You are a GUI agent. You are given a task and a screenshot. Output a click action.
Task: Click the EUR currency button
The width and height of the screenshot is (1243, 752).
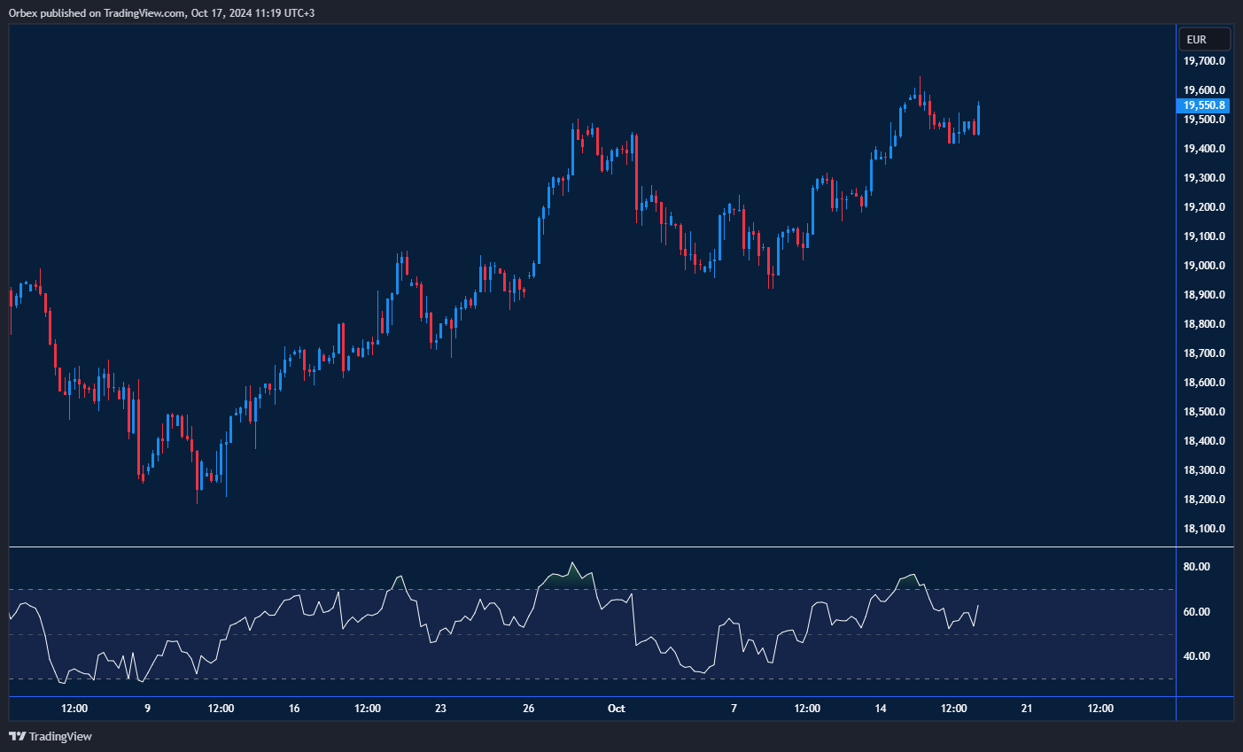point(1204,40)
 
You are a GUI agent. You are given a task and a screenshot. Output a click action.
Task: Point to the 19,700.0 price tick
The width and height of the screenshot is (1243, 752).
point(1204,61)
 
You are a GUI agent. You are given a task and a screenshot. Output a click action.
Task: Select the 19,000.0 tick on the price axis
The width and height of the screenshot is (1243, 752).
point(1204,266)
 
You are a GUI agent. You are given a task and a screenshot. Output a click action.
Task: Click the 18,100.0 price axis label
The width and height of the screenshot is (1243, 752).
point(1204,529)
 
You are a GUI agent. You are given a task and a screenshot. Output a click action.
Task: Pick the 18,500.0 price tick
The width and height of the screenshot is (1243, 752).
point(1204,412)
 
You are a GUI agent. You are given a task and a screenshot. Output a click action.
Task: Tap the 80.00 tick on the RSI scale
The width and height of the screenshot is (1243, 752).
point(1197,567)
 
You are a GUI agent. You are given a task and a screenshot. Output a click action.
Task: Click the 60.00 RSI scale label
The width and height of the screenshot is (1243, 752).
point(1197,612)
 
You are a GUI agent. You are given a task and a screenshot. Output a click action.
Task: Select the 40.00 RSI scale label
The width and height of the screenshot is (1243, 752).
point(1197,656)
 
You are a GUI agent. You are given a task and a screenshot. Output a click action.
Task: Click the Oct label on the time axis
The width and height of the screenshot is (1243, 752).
point(616,709)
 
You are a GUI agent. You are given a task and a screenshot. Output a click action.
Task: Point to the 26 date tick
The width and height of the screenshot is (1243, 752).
point(529,709)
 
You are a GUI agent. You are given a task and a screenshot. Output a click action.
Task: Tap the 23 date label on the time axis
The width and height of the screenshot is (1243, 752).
point(440,709)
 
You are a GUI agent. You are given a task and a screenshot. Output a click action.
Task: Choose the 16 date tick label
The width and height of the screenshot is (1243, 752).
point(294,709)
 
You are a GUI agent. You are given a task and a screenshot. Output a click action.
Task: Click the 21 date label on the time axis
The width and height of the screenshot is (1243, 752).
point(1027,709)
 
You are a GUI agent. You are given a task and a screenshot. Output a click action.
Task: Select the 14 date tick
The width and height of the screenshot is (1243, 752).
point(881,709)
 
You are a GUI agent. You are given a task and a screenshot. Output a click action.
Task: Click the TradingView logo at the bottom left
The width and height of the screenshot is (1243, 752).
point(50,736)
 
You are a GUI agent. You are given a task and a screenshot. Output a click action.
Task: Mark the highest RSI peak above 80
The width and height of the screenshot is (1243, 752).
point(572,563)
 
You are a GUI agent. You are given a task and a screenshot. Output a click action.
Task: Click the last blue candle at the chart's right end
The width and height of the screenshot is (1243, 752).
point(978,118)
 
